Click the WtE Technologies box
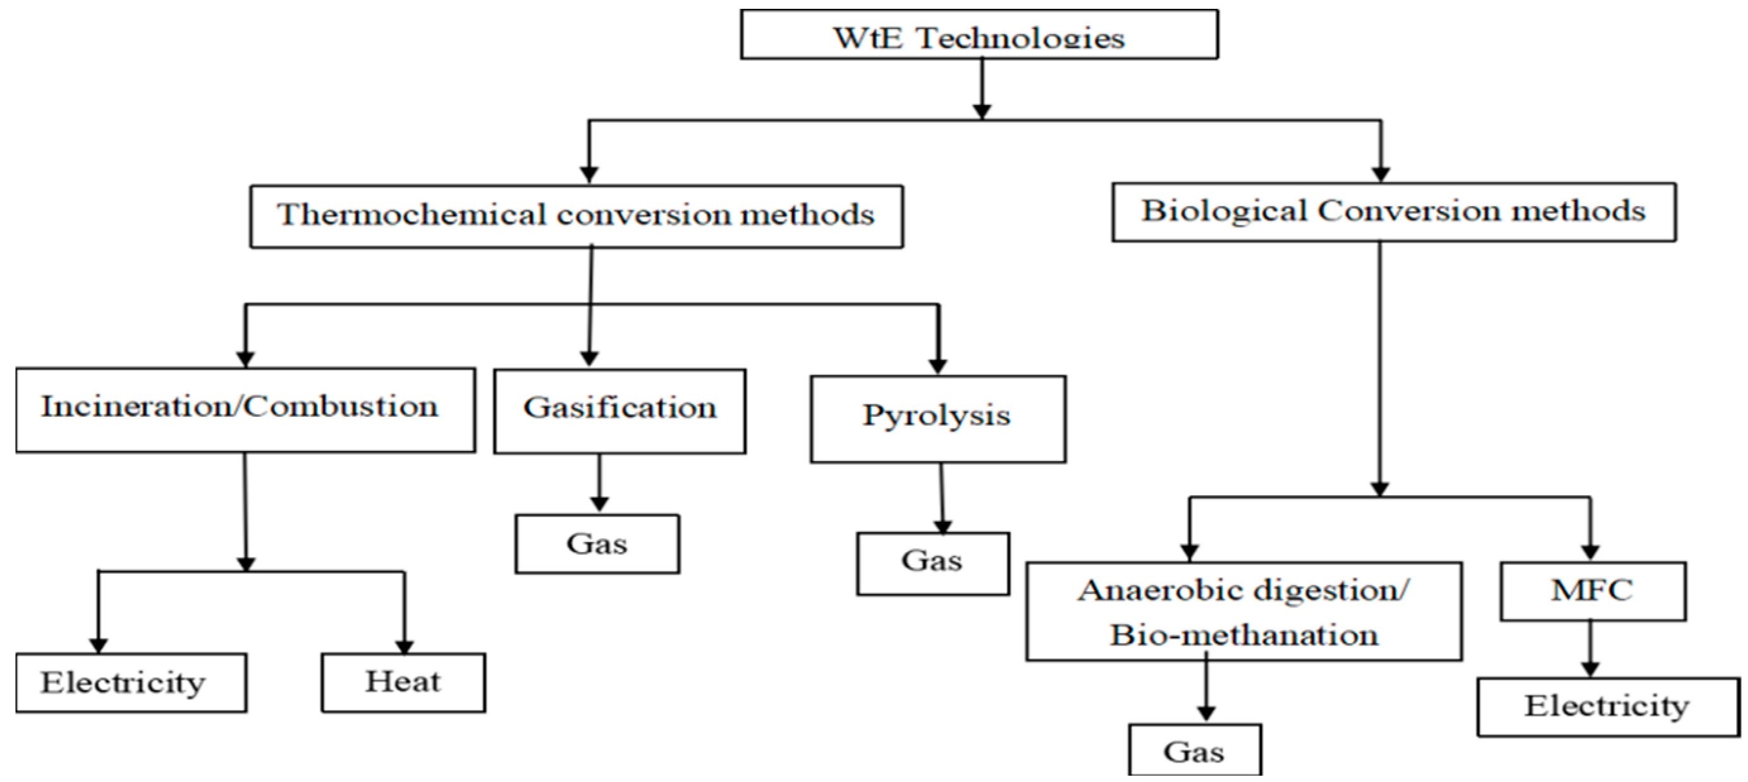click(x=979, y=35)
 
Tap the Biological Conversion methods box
click(x=1393, y=212)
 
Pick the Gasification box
click(x=620, y=411)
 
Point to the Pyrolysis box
click(x=937, y=418)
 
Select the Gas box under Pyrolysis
click(x=932, y=563)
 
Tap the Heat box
click(x=403, y=682)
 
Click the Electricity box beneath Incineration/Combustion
click(x=130, y=682)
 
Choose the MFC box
click(x=1592, y=591)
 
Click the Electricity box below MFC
click(x=1608, y=706)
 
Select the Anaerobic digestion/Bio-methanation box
click(x=1243, y=611)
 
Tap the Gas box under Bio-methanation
click(x=1194, y=751)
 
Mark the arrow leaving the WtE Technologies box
click(x=982, y=88)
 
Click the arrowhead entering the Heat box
click(x=405, y=646)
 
